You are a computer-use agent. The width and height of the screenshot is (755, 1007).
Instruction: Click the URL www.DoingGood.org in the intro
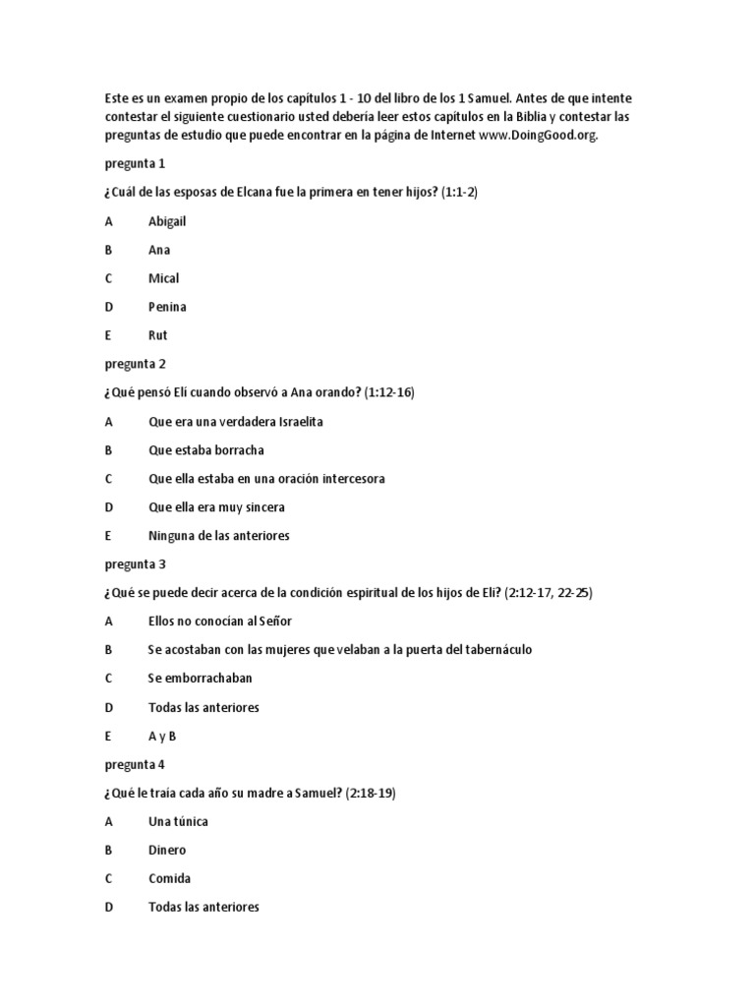pyautogui.click(x=538, y=135)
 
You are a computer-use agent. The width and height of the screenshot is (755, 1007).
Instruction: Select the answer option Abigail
pyautogui.click(x=167, y=221)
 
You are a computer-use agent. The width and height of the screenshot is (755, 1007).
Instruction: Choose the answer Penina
pyautogui.click(x=167, y=307)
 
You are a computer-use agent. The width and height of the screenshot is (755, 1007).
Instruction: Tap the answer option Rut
pyautogui.click(x=157, y=335)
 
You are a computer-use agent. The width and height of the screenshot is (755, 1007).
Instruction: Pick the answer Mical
pyautogui.click(x=163, y=278)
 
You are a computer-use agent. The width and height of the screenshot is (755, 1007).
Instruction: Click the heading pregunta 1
pyautogui.click(x=136, y=163)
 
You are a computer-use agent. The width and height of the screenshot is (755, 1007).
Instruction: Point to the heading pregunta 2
pyautogui.click(x=136, y=364)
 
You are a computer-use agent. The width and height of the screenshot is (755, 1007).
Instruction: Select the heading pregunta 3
pyautogui.click(x=136, y=564)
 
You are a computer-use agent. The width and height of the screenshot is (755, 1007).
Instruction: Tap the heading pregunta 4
pyautogui.click(x=136, y=764)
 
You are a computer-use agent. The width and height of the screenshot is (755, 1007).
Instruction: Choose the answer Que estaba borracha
pyautogui.click(x=206, y=450)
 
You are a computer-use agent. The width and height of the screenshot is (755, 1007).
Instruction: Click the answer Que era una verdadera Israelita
pyautogui.click(x=236, y=422)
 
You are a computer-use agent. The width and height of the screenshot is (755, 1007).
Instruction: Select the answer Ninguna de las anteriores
pyautogui.click(x=219, y=536)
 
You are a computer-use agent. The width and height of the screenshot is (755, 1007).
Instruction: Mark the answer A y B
pyautogui.click(x=162, y=736)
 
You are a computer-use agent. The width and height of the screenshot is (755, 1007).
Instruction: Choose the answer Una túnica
pyautogui.click(x=178, y=821)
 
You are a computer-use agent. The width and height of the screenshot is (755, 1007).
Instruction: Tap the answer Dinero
pyautogui.click(x=167, y=850)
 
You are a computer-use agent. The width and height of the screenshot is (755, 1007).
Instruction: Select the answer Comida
pyautogui.click(x=169, y=878)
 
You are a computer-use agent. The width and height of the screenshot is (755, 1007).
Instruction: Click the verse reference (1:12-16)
pyautogui.click(x=389, y=392)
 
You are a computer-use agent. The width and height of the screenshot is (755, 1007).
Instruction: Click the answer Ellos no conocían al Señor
pyautogui.click(x=220, y=622)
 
